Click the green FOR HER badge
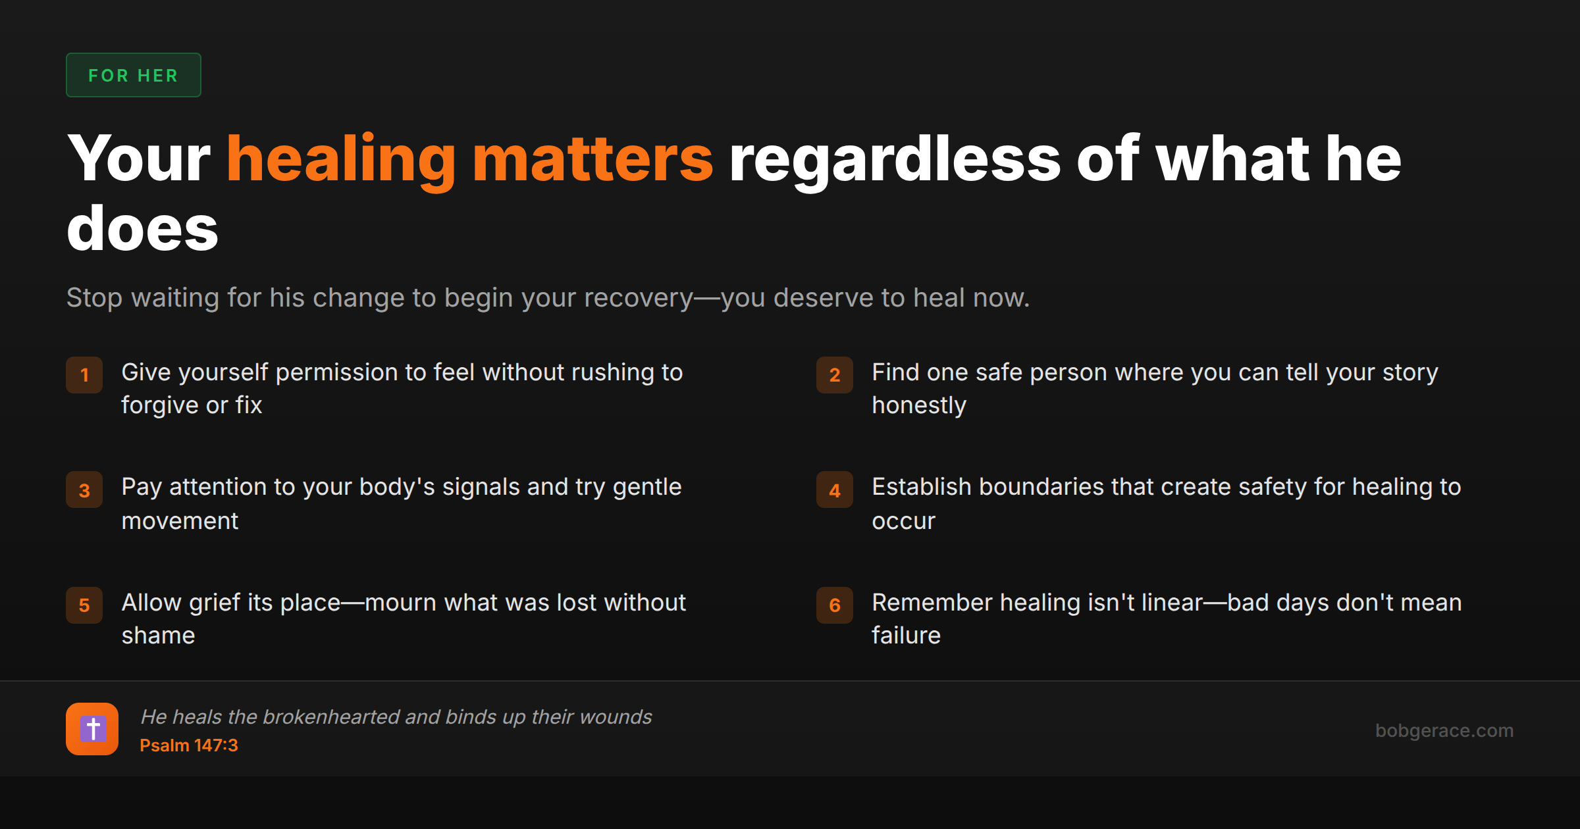[x=134, y=75]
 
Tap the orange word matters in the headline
[x=592, y=159]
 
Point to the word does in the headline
[x=142, y=228]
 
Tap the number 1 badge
[x=84, y=375]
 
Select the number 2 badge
[x=835, y=375]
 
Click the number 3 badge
[x=84, y=490]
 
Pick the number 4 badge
[x=835, y=490]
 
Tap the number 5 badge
[x=84, y=605]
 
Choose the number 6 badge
[x=835, y=605]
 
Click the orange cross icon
[x=92, y=729]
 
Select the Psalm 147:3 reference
[x=189, y=745]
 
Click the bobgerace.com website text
[x=1444, y=730]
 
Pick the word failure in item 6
[x=907, y=636]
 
